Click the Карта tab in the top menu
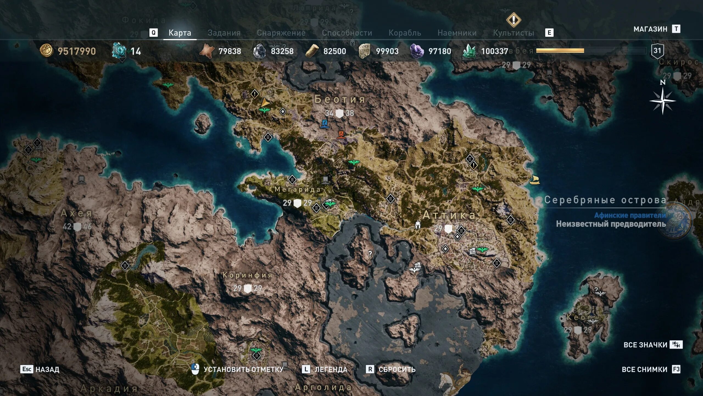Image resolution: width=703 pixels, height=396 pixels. pyautogui.click(x=180, y=33)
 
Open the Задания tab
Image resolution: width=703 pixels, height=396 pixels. pyautogui.click(x=224, y=33)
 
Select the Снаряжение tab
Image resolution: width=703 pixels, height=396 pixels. pyautogui.click(x=281, y=33)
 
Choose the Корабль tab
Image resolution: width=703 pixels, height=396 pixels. pyautogui.click(x=404, y=33)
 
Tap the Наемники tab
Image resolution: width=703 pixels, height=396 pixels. pyautogui.click(x=457, y=33)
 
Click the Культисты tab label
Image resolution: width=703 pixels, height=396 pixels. pyautogui.click(x=513, y=33)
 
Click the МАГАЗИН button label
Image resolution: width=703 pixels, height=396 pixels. pyautogui.click(x=650, y=29)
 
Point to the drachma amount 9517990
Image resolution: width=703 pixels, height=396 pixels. pyautogui.click(x=76, y=51)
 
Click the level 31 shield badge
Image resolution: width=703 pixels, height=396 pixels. pyautogui.click(x=657, y=51)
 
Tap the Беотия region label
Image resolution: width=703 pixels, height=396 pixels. pyautogui.click(x=340, y=99)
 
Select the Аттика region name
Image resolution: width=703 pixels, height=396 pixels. pyautogui.click(x=449, y=215)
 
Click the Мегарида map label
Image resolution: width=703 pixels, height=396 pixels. pyautogui.click(x=297, y=189)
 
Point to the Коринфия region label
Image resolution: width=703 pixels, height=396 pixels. pyautogui.click(x=247, y=275)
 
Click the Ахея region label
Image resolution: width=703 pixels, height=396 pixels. pyautogui.click(x=76, y=213)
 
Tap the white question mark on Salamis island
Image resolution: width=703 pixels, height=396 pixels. pyautogui.click(x=370, y=254)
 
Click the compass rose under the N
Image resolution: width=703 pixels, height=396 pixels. pyautogui.click(x=662, y=101)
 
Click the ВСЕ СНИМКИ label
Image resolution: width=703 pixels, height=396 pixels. pyautogui.click(x=644, y=369)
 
